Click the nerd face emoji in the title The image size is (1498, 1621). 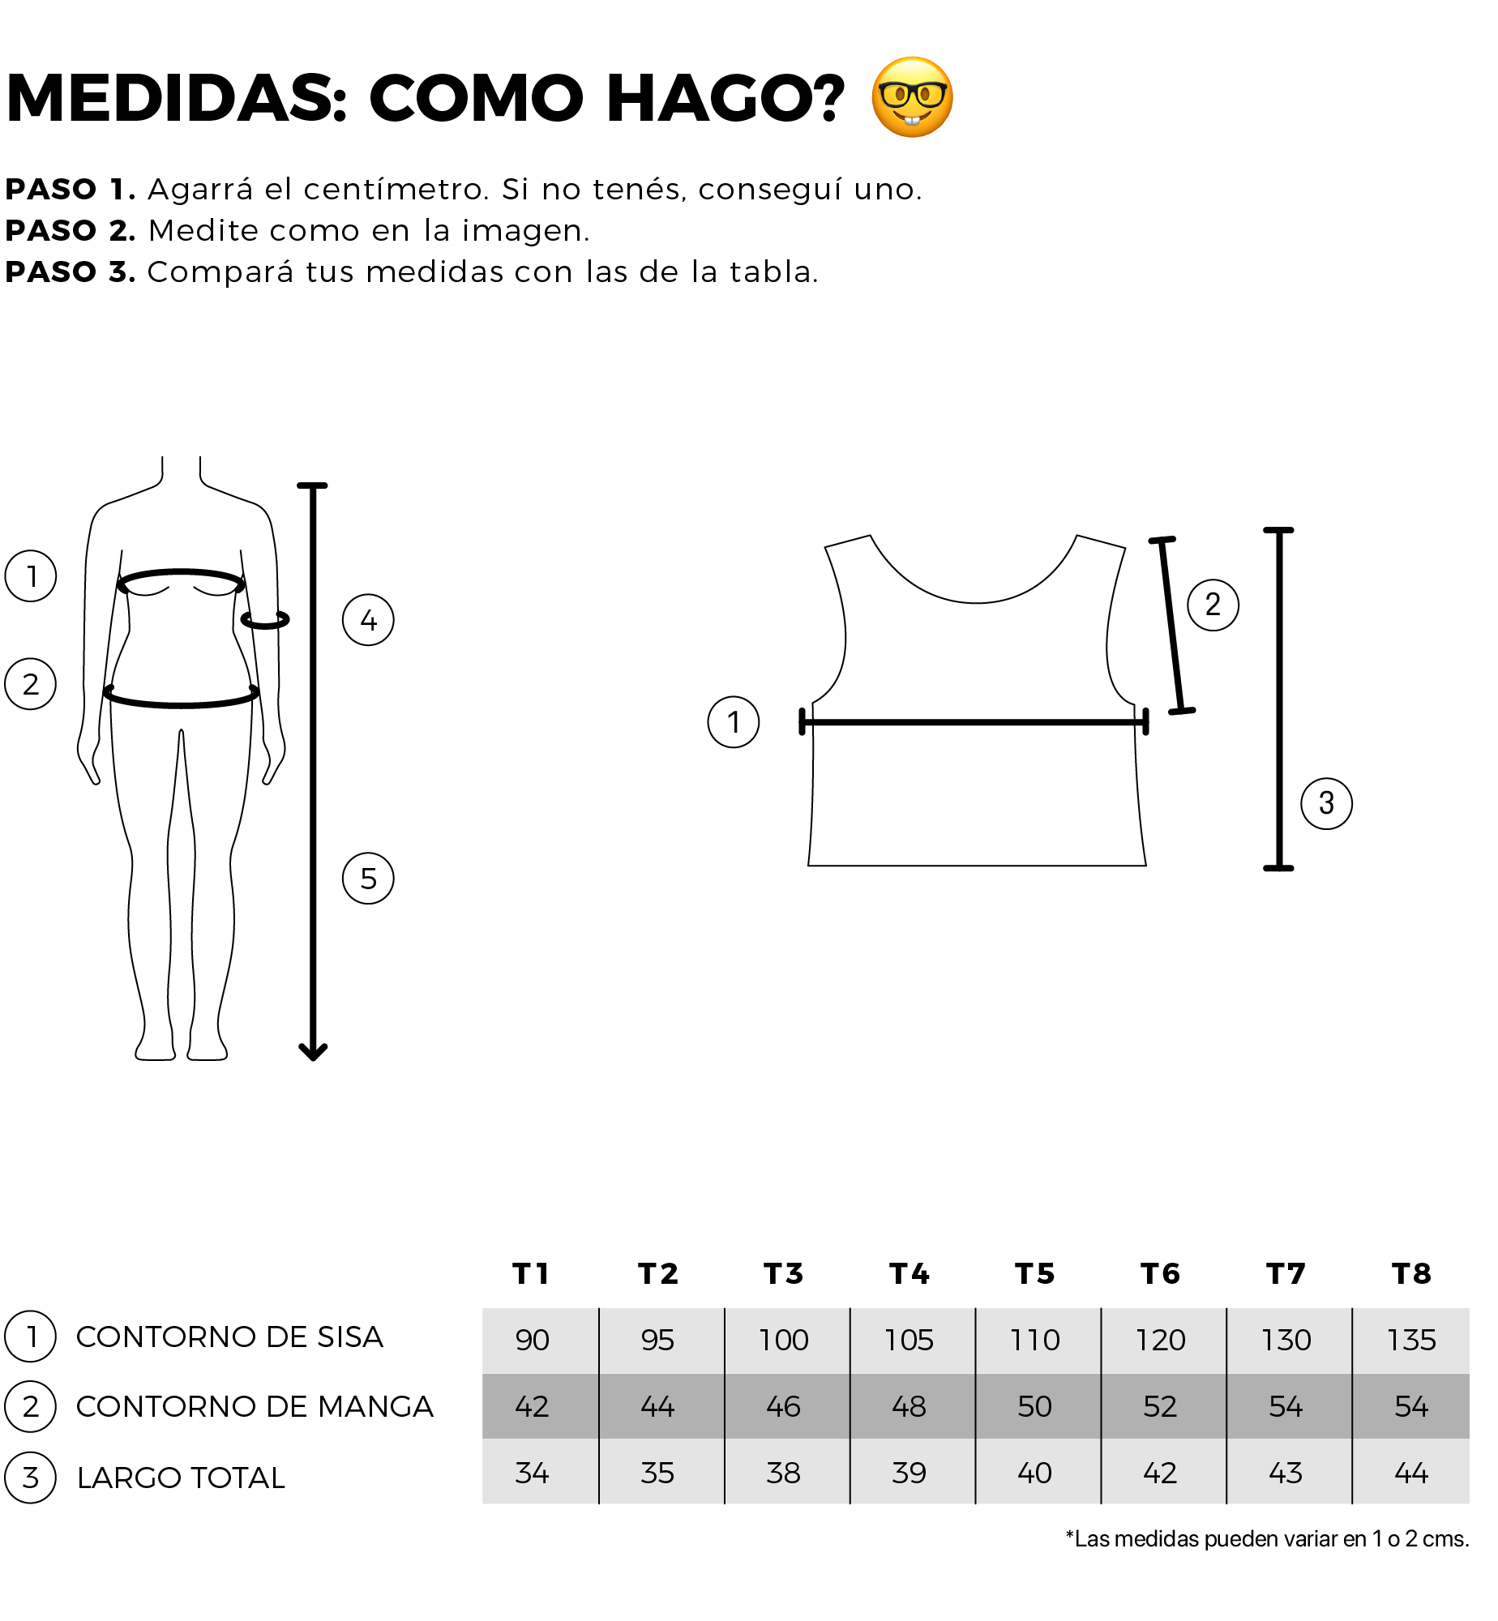[912, 97]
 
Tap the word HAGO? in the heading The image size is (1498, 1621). [725, 99]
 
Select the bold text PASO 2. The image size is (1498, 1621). [71, 231]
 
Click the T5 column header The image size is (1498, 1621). [1034, 1274]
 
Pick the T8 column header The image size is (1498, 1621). [1411, 1274]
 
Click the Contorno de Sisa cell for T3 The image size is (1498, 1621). [783, 1341]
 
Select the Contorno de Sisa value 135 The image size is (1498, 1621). [1411, 1341]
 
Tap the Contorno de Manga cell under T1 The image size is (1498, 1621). [532, 1406]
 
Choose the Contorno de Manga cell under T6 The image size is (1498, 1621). [1160, 1406]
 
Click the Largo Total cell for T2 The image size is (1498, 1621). [657, 1473]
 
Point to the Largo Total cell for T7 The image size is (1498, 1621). [1286, 1473]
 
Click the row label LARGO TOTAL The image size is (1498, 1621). [181, 1478]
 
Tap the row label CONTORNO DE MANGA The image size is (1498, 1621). [255, 1407]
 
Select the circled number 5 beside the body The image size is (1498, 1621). [368, 879]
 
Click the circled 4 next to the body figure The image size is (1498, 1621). [368, 620]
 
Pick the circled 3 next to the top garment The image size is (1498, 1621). [1326, 803]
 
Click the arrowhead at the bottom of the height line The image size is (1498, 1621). [313, 1052]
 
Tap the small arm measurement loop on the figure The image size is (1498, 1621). [265, 620]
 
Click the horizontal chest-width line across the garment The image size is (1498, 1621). [974, 721]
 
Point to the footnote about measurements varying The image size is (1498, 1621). [1267, 1539]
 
